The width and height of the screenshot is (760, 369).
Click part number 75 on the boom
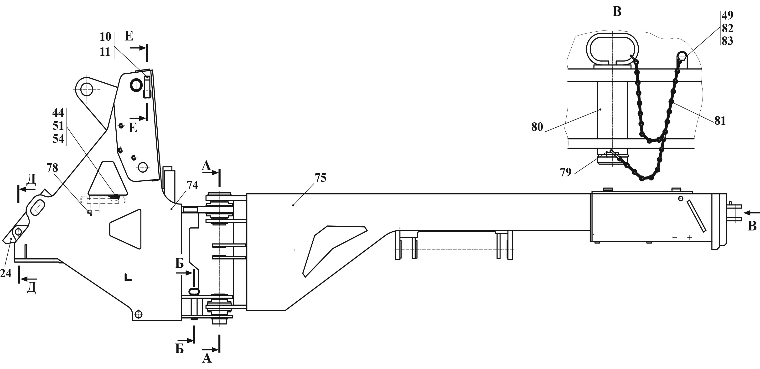point(321,178)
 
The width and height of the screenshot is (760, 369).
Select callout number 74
point(192,185)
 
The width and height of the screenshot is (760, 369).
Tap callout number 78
point(52,168)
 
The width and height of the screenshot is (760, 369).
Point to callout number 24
point(6,273)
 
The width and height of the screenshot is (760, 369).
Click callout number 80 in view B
point(537,127)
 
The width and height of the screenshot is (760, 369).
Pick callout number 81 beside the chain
point(720,121)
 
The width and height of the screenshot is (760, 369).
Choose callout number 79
point(566,172)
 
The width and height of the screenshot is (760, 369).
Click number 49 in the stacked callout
point(728,15)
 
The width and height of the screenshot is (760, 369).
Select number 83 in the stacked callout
point(728,41)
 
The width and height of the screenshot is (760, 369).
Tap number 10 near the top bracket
point(105,37)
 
